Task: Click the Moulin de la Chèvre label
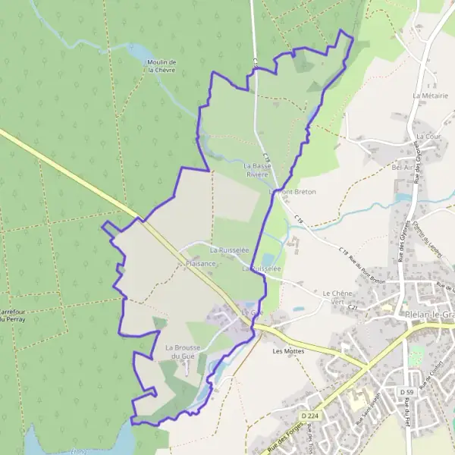click(162, 65)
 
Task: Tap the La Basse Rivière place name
click(256, 169)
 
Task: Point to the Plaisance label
click(201, 263)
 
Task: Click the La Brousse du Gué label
click(182, 351)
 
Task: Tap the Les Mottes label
click(287, 351)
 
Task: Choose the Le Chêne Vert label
click(338, 297)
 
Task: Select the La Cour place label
click(428, 136)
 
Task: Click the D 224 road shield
click(309, 416)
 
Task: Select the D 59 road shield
click(406, 391)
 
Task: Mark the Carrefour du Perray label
click(14, 315)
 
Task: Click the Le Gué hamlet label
click(251, 312)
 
